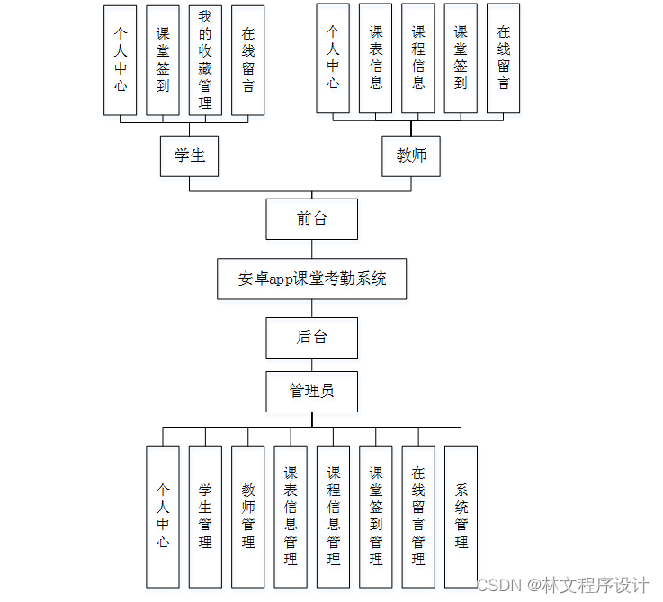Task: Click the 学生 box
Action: click(190, 155)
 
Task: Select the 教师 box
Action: click(411, 155)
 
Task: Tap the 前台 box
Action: click(311, 218)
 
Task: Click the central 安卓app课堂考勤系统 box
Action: click(312, 279)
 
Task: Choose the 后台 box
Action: click(311, 338)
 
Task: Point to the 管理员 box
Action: click(311, 391)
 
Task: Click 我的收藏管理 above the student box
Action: click(205, 60)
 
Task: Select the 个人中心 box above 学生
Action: click(121, 60)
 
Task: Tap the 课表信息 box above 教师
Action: click(375, 58)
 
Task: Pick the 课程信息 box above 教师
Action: click(417, 58)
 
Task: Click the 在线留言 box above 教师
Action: click(503, 58)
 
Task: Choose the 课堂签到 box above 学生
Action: click(163, 60)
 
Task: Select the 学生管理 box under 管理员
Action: click(205, 517)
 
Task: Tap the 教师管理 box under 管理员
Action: click(248, 517)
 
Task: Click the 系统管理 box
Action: click(461, 517)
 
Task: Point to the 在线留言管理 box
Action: click(418, 517)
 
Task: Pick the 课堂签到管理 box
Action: click(376, 517)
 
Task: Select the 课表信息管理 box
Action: click(291, 517)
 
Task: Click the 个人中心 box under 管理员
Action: click(163, 517)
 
